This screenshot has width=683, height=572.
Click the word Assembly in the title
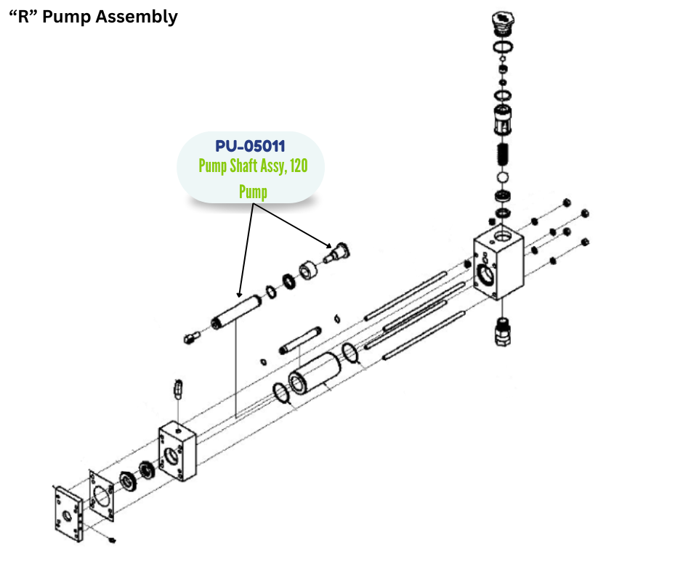click(134, 17)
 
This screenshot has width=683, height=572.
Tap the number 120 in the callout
click(297, 166)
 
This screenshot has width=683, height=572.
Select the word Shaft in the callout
click(246, 166)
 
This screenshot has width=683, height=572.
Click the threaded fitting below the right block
click(501, 331)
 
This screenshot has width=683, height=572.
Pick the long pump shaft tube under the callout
click(236, 312)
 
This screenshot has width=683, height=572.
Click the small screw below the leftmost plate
click(111, 540)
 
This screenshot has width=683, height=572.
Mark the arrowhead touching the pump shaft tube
click(240, 293)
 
